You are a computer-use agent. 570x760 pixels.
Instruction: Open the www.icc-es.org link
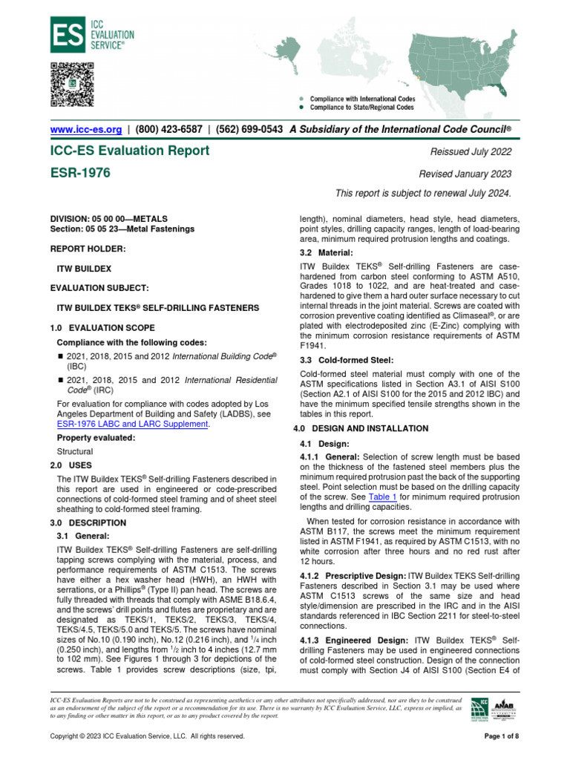85,129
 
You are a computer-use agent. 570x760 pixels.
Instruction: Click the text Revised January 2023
465,174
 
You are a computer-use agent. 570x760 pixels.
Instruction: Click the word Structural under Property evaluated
75,451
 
